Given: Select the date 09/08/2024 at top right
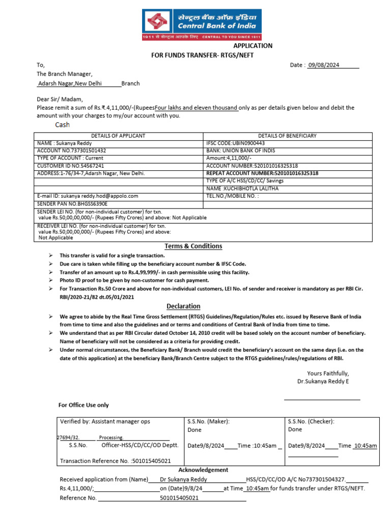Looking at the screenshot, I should point(323,65).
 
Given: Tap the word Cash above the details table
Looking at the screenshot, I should point(62,125).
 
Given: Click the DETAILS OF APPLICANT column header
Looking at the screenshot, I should point(118,136).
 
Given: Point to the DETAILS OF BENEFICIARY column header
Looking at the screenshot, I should point(287,136).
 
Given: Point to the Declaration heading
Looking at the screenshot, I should point(184,306).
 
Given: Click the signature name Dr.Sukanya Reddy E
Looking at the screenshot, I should point(323,381).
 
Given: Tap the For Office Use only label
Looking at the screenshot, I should point(83,405).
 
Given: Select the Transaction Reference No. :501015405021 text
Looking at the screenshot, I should point(115,461).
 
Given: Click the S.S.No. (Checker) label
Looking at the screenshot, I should point(311,422).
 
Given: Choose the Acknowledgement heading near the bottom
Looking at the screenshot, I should point(203,470).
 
